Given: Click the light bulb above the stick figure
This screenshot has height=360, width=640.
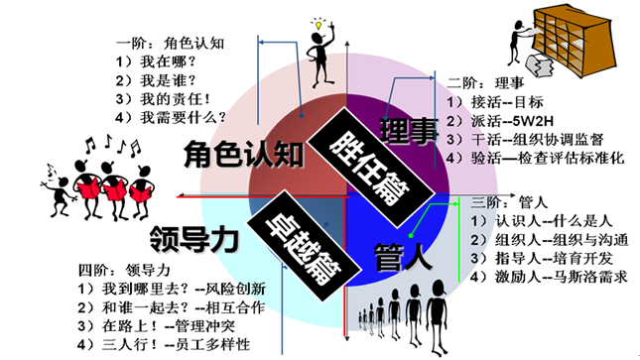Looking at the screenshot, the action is (320, 22).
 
